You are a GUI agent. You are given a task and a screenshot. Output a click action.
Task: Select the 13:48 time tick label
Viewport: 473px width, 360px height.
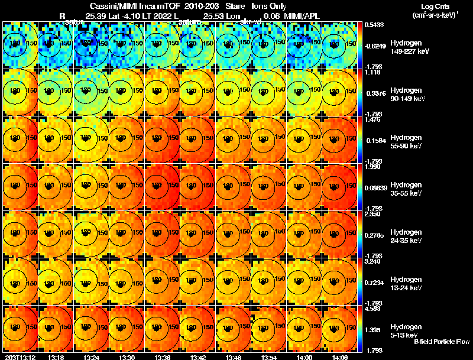click(232, 356)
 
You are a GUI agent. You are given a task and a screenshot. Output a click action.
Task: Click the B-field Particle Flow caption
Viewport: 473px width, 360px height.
click(442, 342)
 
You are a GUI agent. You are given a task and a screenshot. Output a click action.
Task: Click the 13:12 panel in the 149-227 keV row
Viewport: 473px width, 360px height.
click(20, 45)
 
